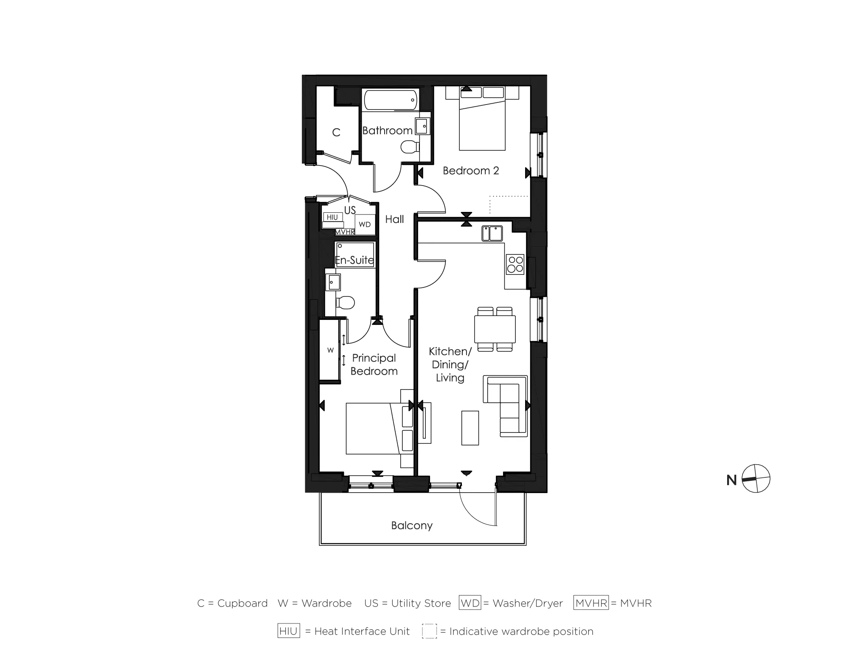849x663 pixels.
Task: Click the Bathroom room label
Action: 387,130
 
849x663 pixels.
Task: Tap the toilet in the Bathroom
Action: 408,147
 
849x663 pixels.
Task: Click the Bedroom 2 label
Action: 470,171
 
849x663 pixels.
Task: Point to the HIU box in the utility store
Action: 332,217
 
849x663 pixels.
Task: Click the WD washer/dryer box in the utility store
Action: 365,224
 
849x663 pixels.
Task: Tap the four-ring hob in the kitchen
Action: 515,264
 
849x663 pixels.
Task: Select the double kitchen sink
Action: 492,233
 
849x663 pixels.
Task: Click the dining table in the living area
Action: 495,329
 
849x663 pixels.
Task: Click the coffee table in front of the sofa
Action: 470,428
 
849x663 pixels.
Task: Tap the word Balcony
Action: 412,525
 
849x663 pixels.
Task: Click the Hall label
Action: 394,219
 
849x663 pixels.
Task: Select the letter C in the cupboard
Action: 336,133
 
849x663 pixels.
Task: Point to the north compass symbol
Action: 756,479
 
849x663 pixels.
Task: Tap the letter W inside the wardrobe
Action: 330,350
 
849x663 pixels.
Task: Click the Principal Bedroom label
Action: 374,364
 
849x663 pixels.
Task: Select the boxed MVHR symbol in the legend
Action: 591,603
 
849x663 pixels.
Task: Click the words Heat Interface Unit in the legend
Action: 362,632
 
